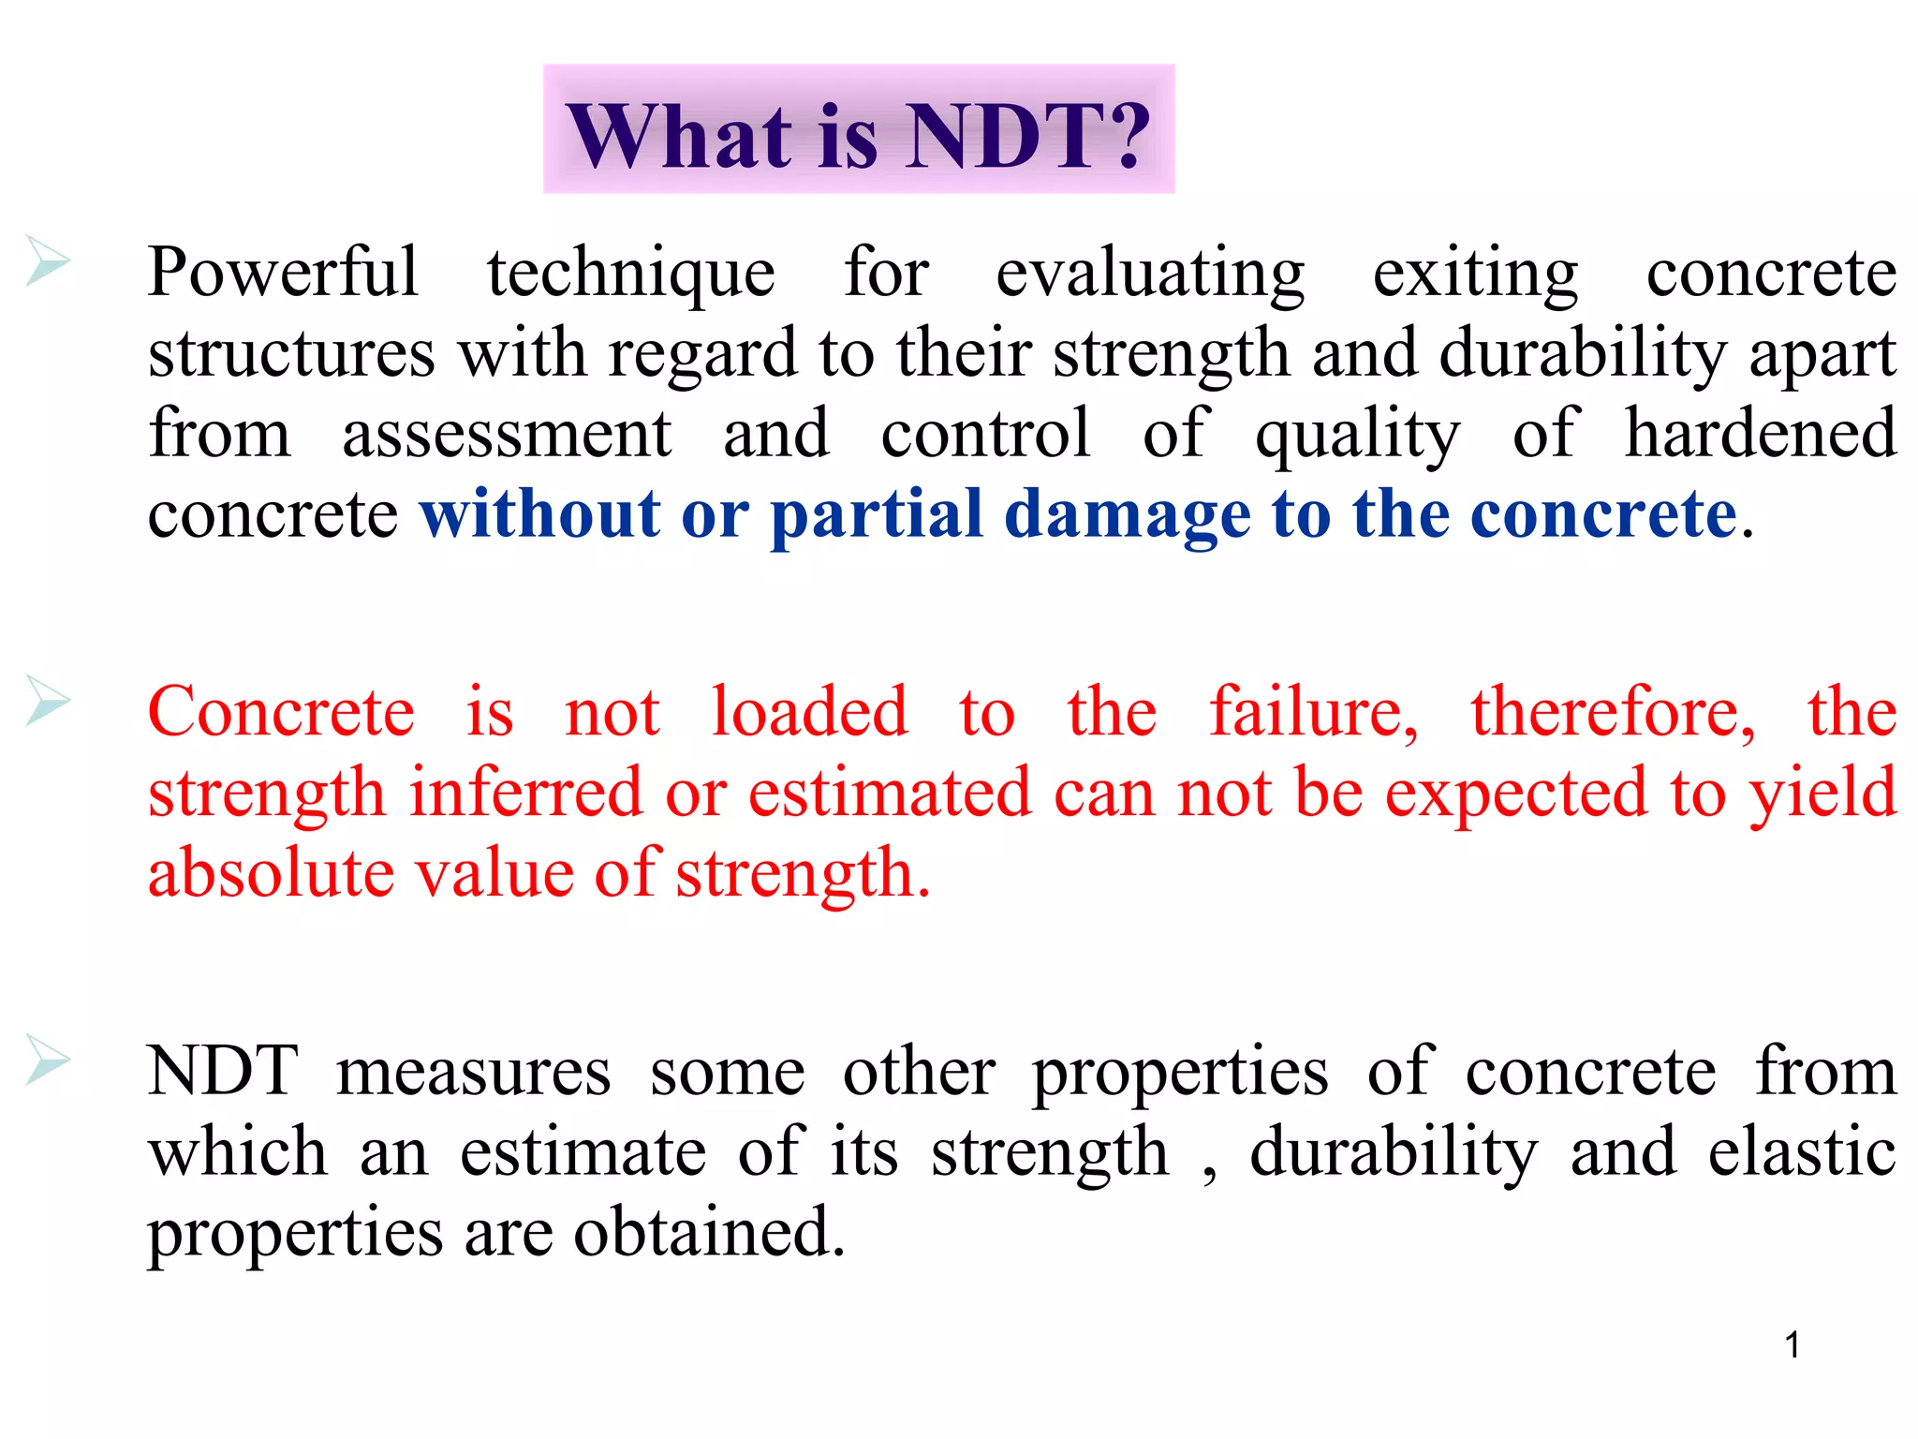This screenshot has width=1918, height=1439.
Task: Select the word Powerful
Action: coord(282,273)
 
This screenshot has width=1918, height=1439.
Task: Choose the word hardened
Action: coord(1761,433)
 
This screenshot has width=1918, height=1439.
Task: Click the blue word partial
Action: coord(877,515)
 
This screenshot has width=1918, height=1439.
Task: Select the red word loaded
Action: coord(809,712)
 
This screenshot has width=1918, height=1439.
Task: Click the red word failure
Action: coord(1313,712)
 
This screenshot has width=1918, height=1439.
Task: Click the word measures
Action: coord(473,1072)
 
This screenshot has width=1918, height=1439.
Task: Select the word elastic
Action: coord(1802,1152)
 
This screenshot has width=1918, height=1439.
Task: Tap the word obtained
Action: coord(708,1233)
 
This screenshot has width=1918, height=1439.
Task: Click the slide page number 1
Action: coord(1793,1345)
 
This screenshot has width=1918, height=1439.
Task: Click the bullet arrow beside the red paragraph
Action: coord(48,700)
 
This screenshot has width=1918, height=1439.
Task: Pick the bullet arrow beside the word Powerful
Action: coord(48,260)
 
